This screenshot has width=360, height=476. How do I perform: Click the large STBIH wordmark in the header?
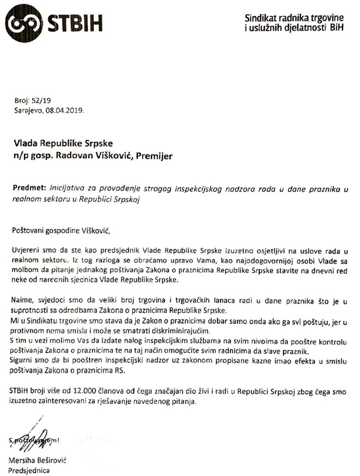(75, 22)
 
